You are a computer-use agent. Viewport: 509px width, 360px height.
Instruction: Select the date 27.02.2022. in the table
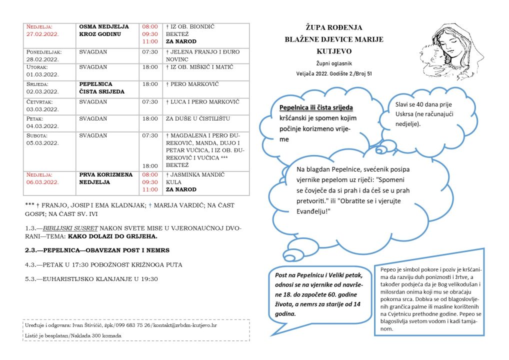(43, 34)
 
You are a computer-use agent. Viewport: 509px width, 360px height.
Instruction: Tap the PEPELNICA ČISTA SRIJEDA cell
(95, 88)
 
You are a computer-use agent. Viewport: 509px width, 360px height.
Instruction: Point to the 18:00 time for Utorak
(150, 67)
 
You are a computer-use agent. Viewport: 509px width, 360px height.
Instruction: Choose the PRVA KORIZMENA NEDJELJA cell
(105, 178)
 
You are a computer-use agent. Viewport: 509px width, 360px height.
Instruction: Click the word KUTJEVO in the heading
(333, 51)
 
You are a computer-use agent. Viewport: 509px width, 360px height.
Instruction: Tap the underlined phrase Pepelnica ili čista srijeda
(316, 107)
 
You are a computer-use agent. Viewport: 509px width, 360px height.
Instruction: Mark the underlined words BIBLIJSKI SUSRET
(71, 228)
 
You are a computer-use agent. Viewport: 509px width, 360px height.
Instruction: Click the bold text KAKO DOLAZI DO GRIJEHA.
(112, 236)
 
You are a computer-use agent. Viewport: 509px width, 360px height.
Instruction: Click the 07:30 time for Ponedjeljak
(150, 51)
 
